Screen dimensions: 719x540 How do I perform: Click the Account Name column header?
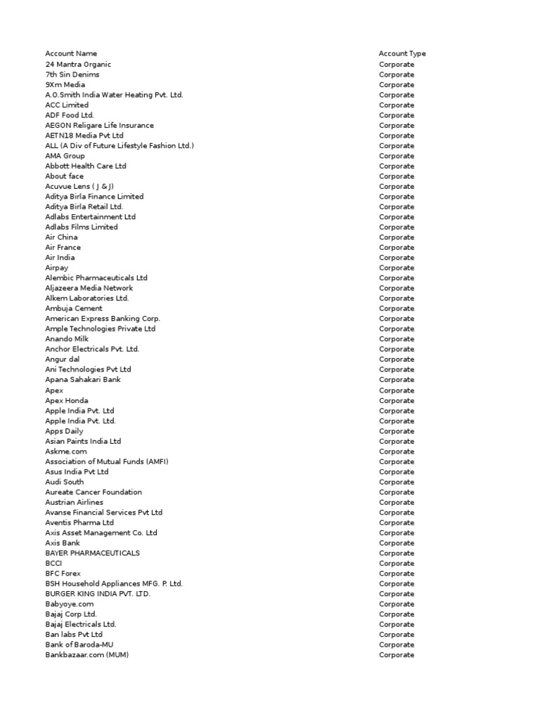point(71,54)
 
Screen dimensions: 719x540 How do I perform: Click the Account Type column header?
point(402,54)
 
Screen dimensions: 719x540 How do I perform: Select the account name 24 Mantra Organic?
point(78,65)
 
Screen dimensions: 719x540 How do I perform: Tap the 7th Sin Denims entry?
point(72,74)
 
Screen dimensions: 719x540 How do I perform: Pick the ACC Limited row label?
point(67,105)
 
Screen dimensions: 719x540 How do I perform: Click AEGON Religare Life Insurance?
point(99,126)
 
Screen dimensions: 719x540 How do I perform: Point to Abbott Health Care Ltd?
point(86,166)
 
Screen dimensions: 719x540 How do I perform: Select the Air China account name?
point(62,237)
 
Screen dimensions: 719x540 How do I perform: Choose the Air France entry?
point(63,248)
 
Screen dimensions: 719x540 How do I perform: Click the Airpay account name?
point(58,268)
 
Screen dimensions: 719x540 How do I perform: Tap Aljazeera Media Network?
point(89,289)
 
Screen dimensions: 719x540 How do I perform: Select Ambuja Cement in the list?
point(74,309)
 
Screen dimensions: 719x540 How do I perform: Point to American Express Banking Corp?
point(103,319)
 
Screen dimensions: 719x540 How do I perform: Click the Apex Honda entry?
point(67,401)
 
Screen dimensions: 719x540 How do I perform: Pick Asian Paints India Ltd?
point(83,442)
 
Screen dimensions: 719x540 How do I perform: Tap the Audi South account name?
point(65,482)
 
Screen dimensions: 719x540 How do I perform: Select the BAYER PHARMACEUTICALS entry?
point(92,553)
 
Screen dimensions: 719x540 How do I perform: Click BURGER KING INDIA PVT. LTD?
point(98,594)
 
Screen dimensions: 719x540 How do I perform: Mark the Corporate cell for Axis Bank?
point(397,543)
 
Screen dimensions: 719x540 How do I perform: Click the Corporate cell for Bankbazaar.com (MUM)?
point(397,655)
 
